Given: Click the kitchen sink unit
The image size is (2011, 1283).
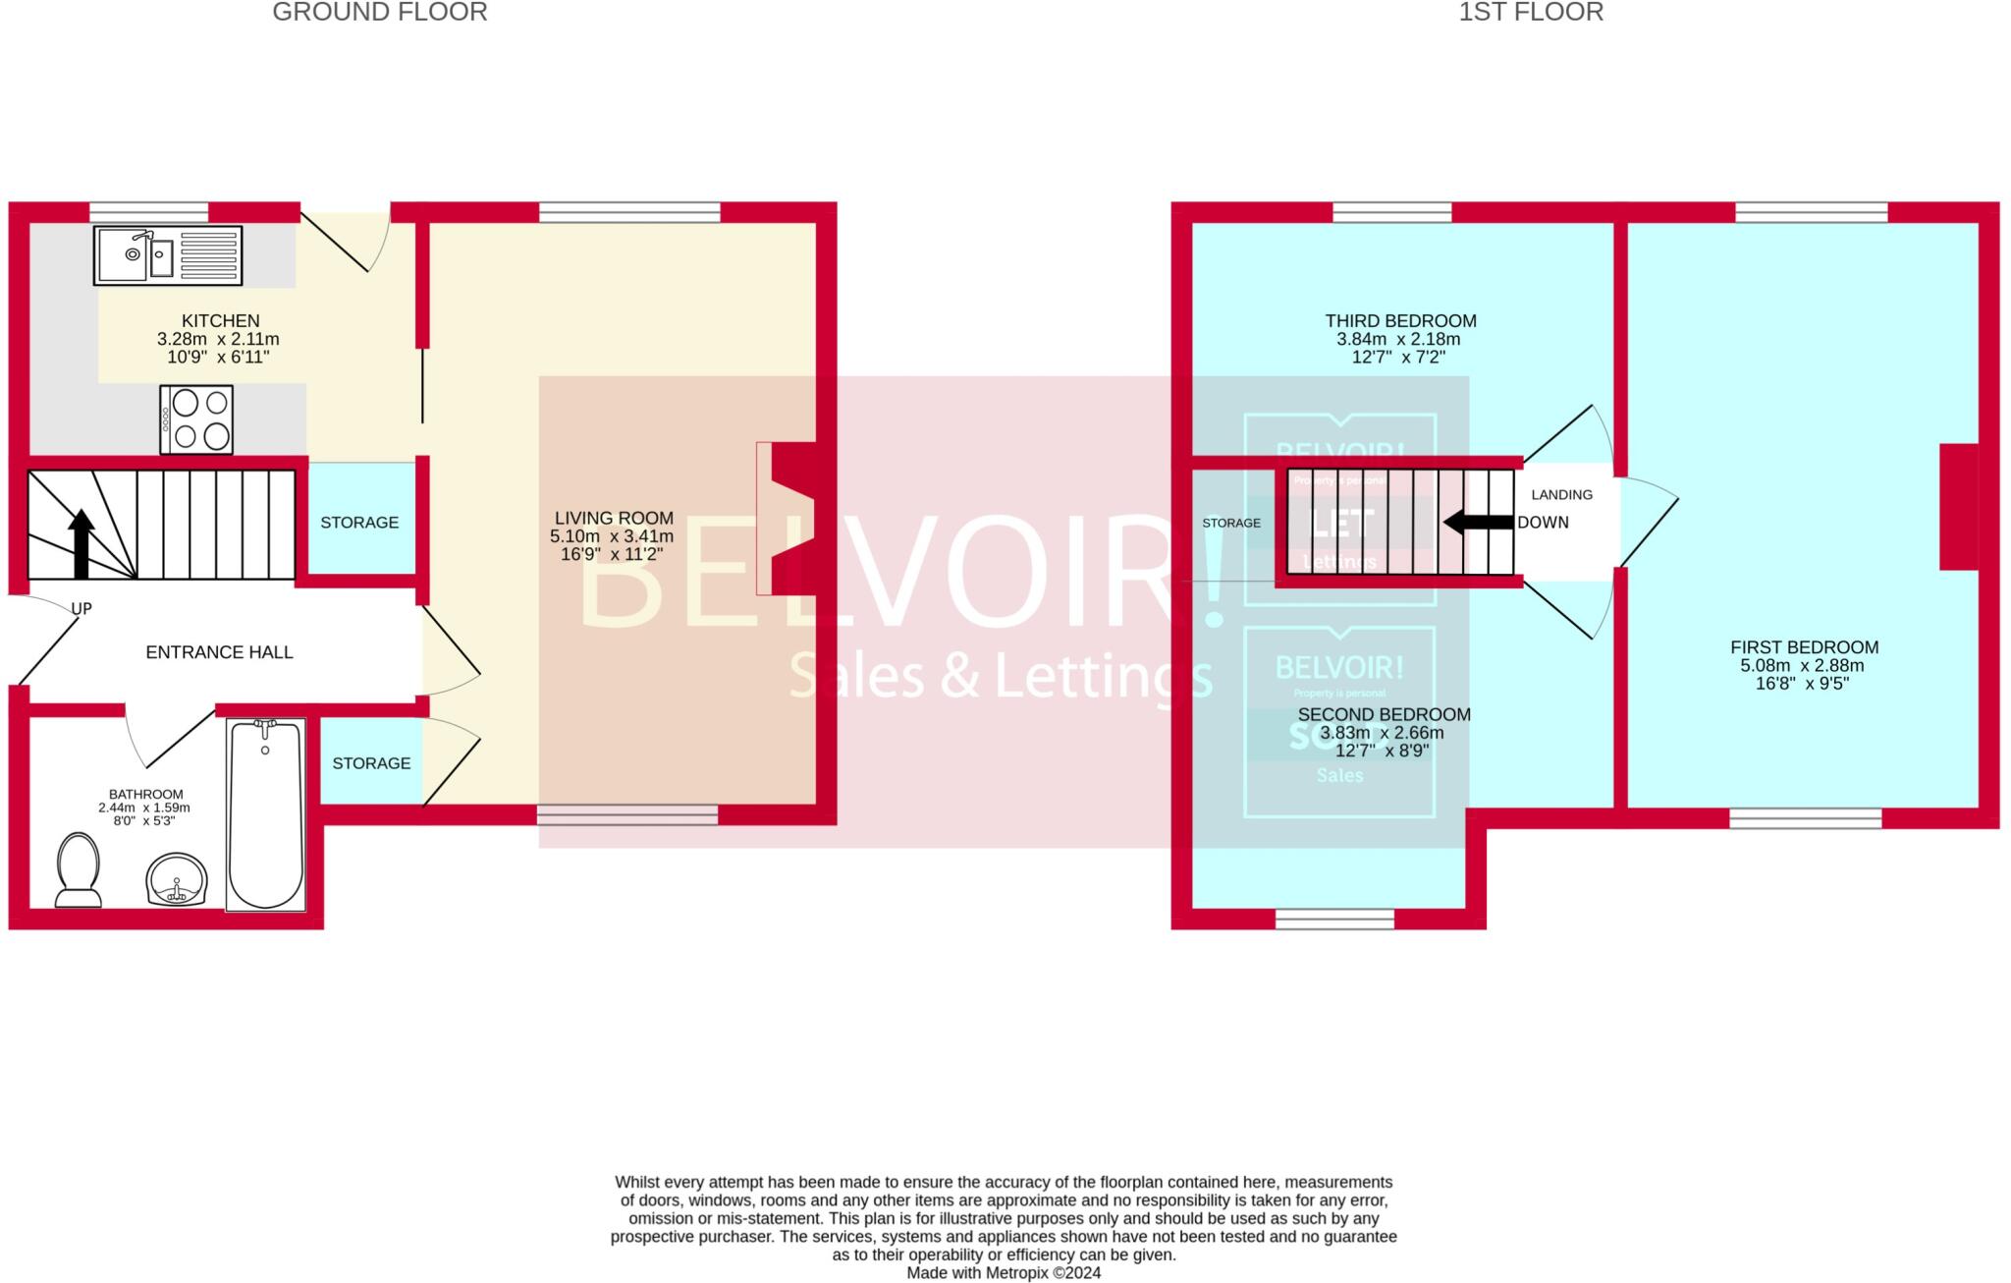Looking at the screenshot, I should point(168,255).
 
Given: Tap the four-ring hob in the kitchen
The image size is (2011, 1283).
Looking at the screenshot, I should point(196,419).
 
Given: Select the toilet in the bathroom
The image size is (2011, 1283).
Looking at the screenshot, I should point(78,869).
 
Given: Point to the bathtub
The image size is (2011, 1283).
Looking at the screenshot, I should point(265,815).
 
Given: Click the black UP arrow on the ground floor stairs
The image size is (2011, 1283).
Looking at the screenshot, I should point(82,543).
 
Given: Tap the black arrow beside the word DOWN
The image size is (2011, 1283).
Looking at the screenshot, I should point(1478,523).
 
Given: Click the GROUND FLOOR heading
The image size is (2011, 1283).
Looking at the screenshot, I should point(380,13).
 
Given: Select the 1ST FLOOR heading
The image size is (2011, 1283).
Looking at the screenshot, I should point(1530,13).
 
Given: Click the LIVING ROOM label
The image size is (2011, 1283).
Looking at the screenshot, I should point(614,518).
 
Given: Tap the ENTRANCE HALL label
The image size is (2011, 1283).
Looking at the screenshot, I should point(219,652).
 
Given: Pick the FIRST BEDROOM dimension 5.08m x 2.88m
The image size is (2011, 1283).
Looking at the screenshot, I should point(1802,665).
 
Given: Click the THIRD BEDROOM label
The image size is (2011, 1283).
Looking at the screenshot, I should point(1400,321).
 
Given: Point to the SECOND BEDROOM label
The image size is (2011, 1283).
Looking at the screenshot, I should point(1384,714).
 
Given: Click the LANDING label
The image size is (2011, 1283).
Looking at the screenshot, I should point(1561,495).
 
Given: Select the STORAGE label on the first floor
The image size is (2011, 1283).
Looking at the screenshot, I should point(1231,523).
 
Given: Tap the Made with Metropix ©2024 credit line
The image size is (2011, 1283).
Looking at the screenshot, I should point(1004,1273).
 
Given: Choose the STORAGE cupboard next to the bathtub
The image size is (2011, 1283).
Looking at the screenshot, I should point(371,763).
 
